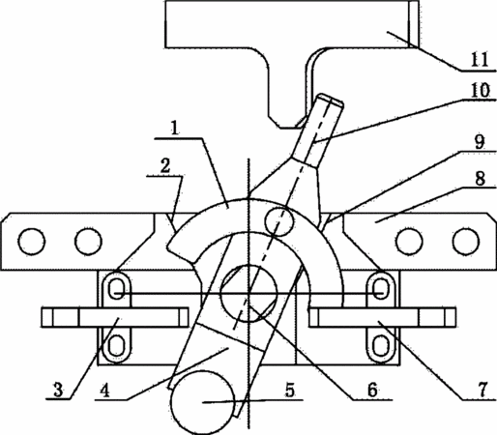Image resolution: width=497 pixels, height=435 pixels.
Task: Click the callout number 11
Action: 480,59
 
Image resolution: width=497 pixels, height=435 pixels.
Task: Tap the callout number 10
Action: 480,91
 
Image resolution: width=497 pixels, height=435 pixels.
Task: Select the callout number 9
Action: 480,142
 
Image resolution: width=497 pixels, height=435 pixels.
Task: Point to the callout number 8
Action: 481,178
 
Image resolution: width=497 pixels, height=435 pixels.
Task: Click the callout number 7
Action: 482,390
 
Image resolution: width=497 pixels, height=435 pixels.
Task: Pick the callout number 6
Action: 372,390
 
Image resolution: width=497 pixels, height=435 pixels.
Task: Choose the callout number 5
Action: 290,390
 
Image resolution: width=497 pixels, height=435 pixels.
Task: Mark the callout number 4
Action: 105,391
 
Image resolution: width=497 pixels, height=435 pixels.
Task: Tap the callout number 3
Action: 58,390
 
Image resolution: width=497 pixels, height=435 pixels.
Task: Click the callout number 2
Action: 165,167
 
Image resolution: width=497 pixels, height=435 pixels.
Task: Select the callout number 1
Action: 174,129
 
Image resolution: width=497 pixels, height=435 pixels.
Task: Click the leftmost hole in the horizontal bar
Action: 32,242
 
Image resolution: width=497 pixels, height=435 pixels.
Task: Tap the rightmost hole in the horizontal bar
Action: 466,242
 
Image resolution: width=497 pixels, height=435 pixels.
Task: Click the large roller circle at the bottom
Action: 202,402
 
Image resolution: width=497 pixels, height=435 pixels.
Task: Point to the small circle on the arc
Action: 279,221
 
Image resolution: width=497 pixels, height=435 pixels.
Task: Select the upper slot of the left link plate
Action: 116,288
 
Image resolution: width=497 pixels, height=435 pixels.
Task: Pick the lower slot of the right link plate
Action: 380,345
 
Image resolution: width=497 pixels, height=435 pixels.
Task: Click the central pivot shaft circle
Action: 248,293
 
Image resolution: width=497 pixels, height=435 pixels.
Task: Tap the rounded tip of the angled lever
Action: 331,100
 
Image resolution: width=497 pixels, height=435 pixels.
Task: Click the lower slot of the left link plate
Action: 116,345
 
